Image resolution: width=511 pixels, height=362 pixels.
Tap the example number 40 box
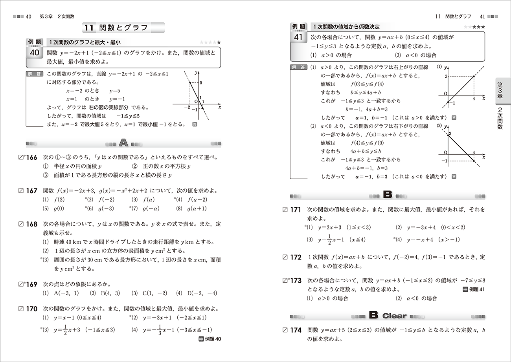point(34,53)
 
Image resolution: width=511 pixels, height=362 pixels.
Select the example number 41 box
point(298,37)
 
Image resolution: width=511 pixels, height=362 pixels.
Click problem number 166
point(31,157)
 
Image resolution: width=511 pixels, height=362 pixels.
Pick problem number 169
point(31,283)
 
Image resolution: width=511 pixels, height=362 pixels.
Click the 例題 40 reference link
point(210,339)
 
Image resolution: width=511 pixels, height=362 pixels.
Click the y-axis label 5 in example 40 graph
point(200,83)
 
